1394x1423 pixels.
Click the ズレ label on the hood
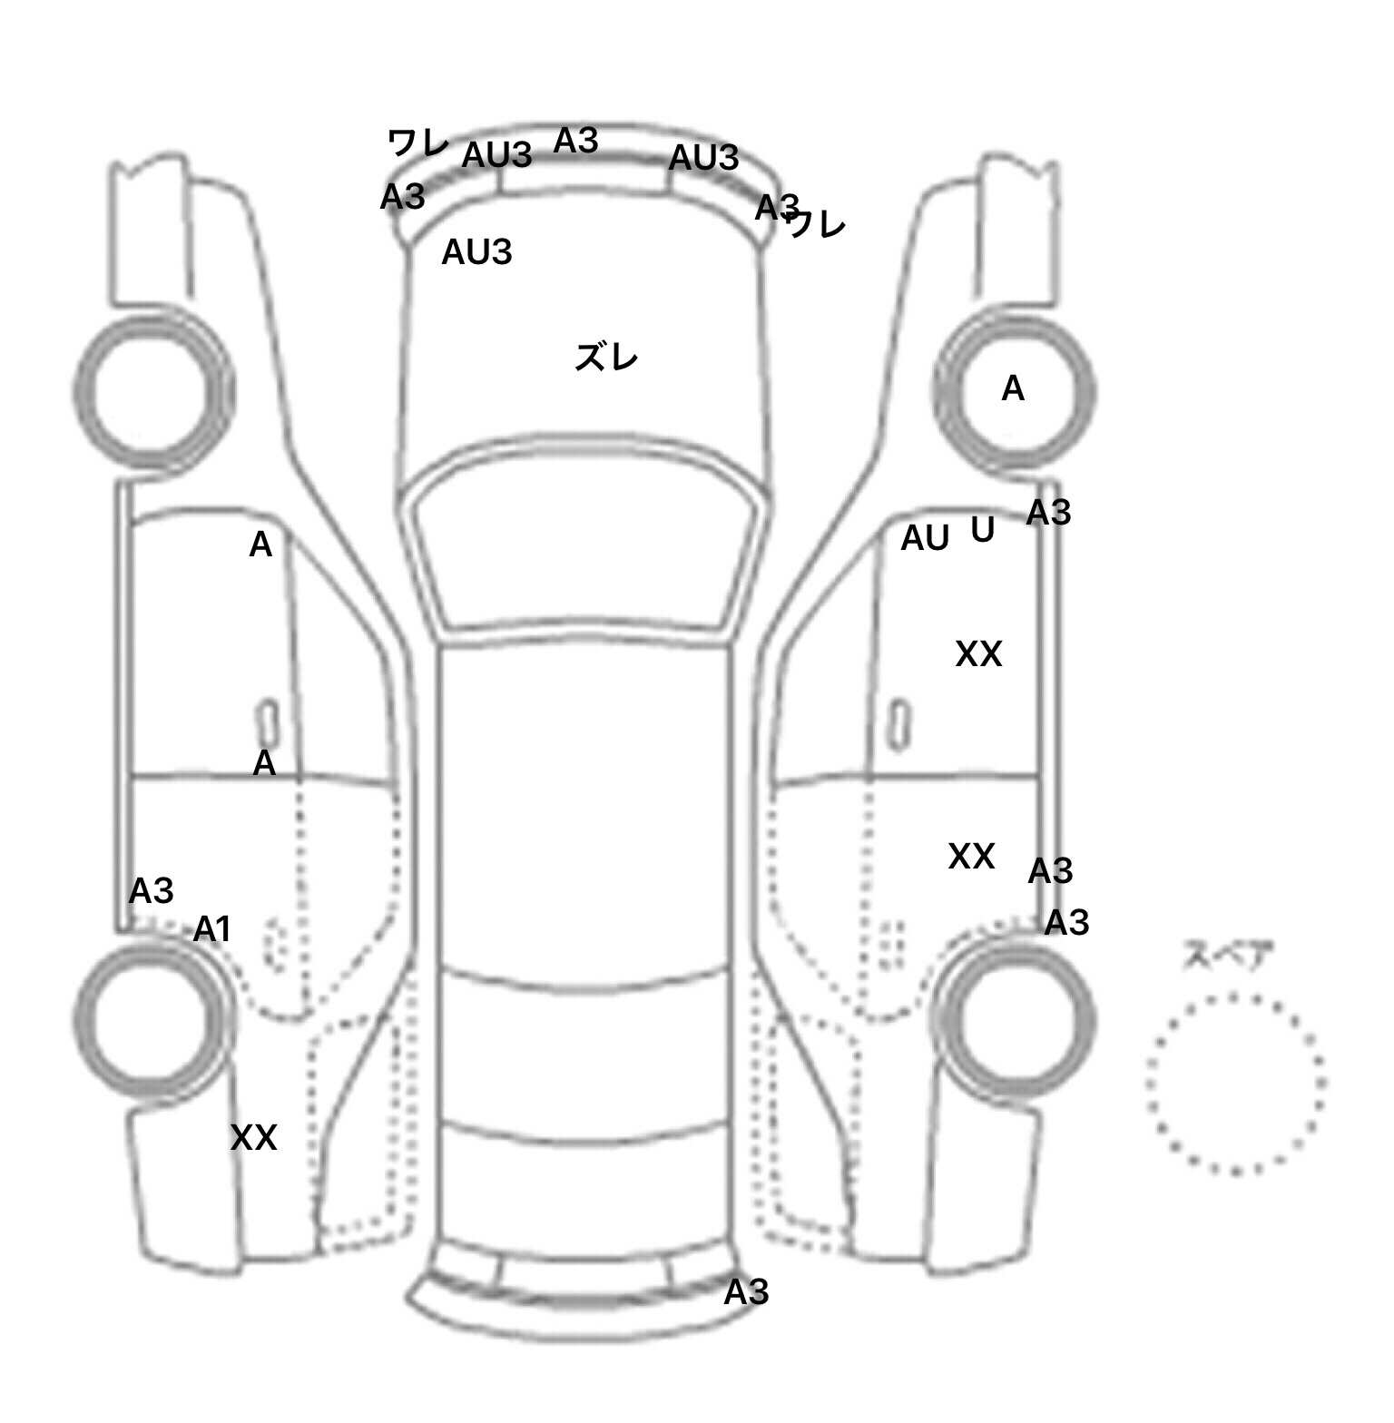point(606,358)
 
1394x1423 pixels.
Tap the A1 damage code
point(212,929)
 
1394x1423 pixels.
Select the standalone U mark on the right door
point(982,529)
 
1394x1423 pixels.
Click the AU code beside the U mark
point(925,538)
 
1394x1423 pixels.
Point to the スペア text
point(1228,956)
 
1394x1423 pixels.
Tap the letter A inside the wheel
point(1013,389)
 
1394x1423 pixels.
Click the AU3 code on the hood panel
point(476,252)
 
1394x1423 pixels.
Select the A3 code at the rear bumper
point(746,1291)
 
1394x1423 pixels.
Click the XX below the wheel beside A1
point(253,1137)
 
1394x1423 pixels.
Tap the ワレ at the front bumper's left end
point(417,142)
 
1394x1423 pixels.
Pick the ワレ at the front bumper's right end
point(818,224)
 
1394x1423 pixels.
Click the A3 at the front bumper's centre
point(576,141)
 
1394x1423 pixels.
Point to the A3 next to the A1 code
point(151,891)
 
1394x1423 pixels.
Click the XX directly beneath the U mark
point(978,653)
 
